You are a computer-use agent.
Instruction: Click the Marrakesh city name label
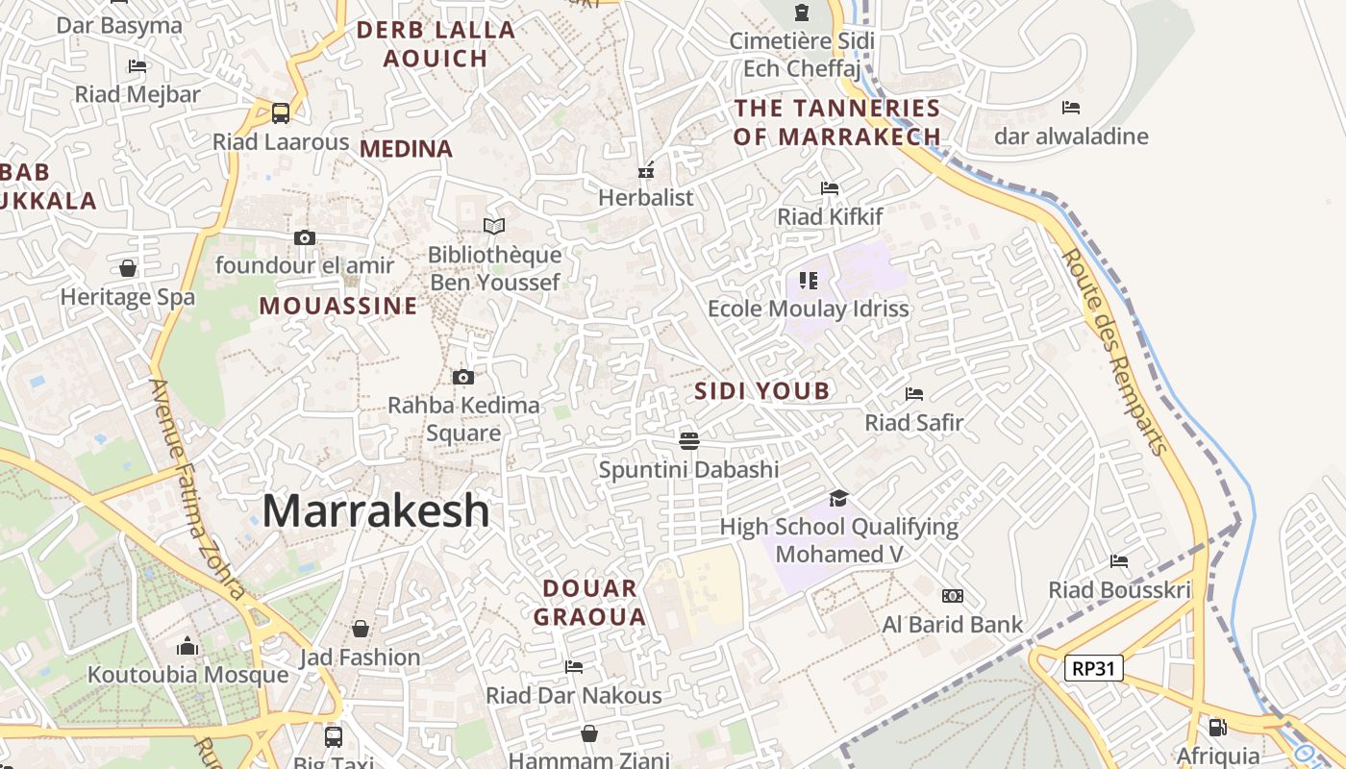pos(376,510)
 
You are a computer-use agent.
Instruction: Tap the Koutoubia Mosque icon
pos(187,647)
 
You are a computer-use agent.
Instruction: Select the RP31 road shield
pos(1094,667)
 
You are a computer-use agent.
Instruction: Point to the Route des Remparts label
pos(1115,351)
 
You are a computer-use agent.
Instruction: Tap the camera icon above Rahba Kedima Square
pos(462,377)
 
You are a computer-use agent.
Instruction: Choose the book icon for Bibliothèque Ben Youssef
pos(494,226)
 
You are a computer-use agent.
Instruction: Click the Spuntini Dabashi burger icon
pos(688,441)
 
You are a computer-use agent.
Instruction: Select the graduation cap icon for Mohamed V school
pos(838,498)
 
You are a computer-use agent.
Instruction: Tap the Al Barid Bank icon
pos(953,596)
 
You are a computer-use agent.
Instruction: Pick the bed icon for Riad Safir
pos(913,394)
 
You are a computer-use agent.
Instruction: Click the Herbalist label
pos(645,197)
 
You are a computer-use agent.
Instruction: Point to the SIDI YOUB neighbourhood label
pos(761,390)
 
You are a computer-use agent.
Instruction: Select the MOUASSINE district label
pos(338,306)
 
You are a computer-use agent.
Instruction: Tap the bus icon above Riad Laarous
pos(281,113)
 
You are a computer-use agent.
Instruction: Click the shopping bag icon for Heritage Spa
pos(128,268)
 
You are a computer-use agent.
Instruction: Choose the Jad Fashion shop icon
pos(361,629)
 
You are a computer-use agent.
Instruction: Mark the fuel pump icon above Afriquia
pos(1217,728)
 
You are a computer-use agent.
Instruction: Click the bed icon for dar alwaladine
pos(1071,108)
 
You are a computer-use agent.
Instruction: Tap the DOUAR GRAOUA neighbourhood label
pos(589,602)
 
